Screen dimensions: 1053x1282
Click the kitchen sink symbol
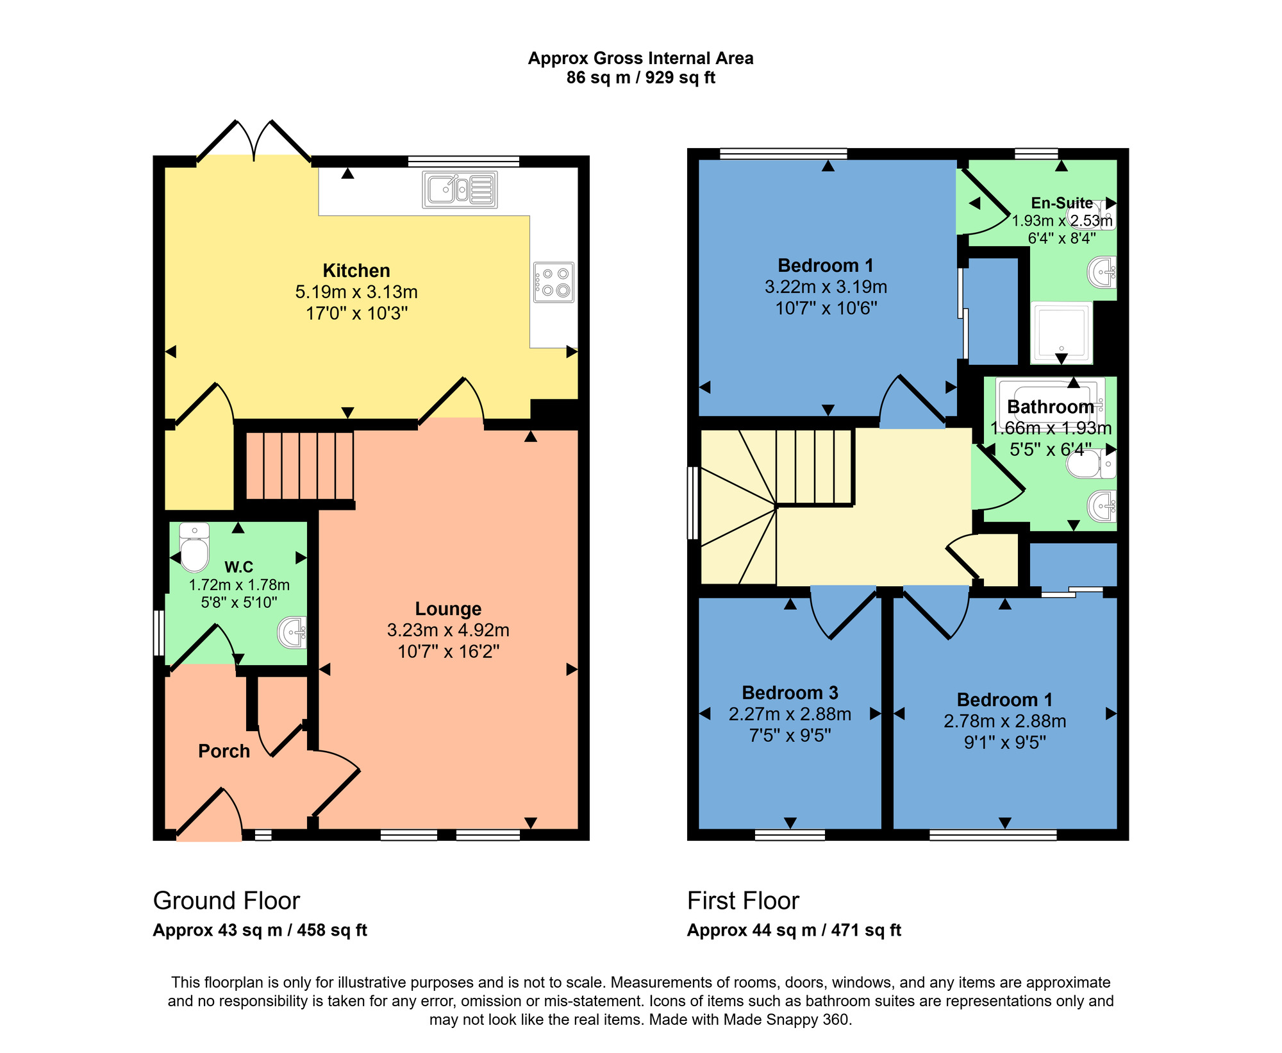click(x=460, y=189)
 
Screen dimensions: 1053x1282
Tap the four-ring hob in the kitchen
click(x=554, y=282)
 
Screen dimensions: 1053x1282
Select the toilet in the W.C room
click(x=194, y=548)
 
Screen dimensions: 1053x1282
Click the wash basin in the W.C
click(x=292, y=633)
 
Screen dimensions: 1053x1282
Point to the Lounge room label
click(x=448, y=609)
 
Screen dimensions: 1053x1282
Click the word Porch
click(x=224, y=751)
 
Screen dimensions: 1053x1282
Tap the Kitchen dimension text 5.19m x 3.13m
click(x=356, y=292)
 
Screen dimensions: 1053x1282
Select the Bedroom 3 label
click(x=790, y=693)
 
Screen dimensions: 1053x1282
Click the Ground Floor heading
click(x=226, y=901)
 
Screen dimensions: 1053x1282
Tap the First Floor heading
click(x=743, y=901)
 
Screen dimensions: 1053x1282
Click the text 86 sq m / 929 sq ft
click(x=640, y=78)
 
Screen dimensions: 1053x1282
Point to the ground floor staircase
click(x=300, y=466)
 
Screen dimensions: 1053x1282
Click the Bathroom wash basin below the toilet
click(x=1103, y=507)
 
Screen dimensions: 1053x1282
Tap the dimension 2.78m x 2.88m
click(x=1004, y=721)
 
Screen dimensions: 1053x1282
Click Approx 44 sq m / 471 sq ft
click(x=794, y=931)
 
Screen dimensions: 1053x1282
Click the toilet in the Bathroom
click(x=1090, y=464)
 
